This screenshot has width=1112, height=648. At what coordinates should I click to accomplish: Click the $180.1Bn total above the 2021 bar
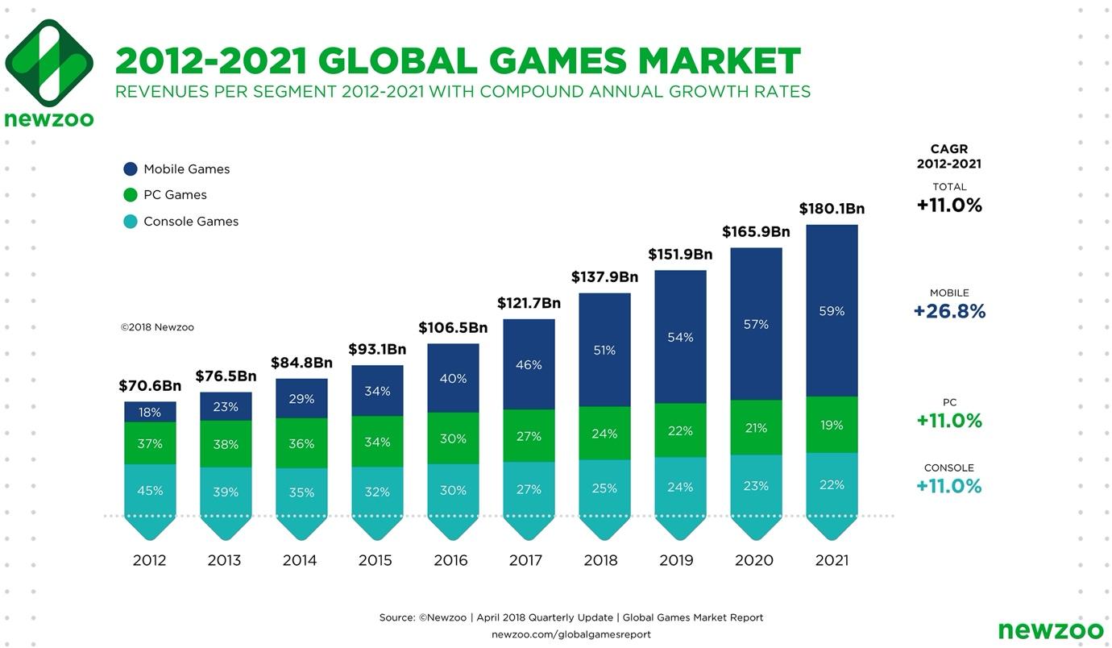click(832, 209)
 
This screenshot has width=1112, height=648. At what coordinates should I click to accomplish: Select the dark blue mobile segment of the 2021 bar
click(832, 310)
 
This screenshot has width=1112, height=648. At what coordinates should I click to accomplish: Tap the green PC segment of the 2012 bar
click(150, 443)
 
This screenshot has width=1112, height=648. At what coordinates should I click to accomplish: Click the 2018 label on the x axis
click(600, 560)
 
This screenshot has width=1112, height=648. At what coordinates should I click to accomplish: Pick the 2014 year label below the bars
click(300, 560)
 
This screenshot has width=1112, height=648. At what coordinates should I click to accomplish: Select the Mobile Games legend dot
click(131, 169)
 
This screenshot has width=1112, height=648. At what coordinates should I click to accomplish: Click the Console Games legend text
click(191, 222)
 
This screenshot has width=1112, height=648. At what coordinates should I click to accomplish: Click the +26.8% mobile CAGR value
click(949, 311)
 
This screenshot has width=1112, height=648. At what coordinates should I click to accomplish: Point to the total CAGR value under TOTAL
click(949, 206)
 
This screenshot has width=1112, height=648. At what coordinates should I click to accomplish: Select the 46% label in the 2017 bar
click(529, 365)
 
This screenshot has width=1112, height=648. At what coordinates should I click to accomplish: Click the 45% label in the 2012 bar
click(150, 490)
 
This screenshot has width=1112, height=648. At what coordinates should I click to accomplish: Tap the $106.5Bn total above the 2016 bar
click(453, 328)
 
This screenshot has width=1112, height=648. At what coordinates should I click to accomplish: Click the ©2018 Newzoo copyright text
click(157, 327)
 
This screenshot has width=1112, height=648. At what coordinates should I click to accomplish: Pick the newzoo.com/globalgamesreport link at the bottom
click(571, 634)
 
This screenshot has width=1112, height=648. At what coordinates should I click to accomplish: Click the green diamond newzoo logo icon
click(48, 63)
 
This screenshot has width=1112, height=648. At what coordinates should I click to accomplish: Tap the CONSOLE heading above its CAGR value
click(949, 467)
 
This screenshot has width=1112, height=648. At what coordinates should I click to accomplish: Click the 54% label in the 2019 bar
click(680, 337)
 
